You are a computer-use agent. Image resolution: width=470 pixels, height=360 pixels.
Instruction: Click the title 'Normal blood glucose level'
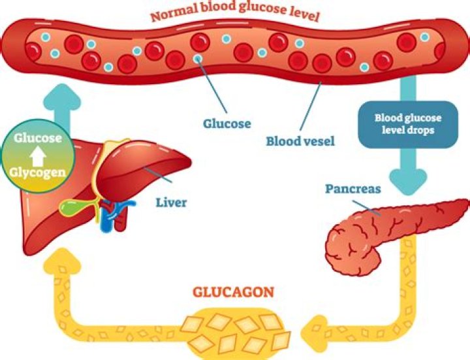235,13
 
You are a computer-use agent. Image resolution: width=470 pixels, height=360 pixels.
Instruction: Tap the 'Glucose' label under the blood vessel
227,123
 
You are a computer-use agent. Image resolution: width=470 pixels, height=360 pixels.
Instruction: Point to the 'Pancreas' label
352,189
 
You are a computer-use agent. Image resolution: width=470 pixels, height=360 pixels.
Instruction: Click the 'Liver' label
170,203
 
